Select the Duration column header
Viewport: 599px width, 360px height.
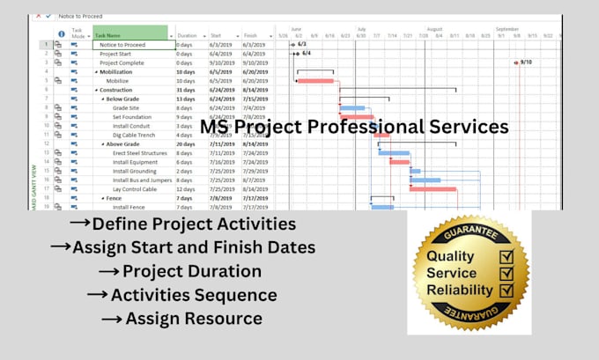click(x=188, y=35)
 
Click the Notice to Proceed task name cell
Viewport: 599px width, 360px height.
click(x=122, y=44)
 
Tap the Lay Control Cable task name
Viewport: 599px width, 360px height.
click(x=134, y=189)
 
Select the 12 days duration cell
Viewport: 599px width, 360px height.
click(x=187, y=189)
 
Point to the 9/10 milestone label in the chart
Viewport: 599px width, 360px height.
click(x=526, y=62)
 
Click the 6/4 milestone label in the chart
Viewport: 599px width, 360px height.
click(x=307, y=53)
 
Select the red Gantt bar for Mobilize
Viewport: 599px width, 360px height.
click(x=315, y=81)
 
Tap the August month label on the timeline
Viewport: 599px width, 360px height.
click(x=434, y=28)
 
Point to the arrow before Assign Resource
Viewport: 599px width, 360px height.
click(x=111, y=317)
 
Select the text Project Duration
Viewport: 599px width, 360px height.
click(x=191, y=271)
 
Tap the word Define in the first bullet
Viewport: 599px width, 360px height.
click(x=118, y=225)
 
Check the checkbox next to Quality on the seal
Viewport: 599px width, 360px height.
click(x=507, y=257)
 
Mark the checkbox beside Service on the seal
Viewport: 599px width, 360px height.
click(x=507, y=274)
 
